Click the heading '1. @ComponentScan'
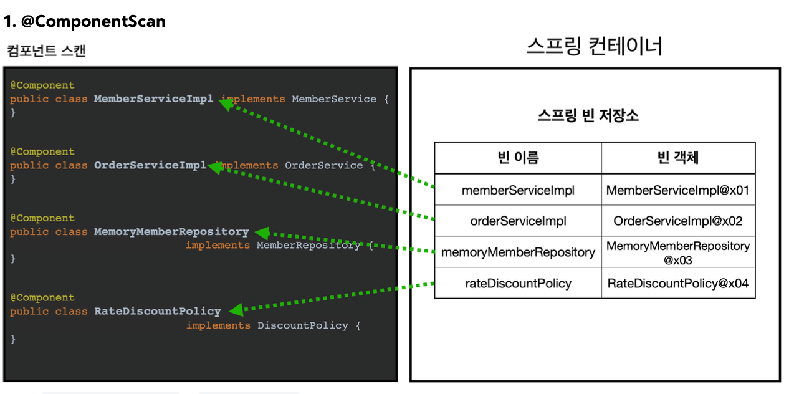tap(84, 22)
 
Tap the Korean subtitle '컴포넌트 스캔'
tap(47, 51)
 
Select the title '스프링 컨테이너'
tap(594, 46)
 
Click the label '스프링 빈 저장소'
tap(588, 115)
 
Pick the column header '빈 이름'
tap(518, 158)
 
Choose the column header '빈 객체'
tap(678, 158)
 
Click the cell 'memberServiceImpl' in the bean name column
tap(518, 190)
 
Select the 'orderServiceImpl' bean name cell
tap(518, 221)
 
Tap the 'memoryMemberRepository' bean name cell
tap(518, 252)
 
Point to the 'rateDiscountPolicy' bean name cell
tap(518, 284)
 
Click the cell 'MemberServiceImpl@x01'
tap(678, 190)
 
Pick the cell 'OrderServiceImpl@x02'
tap(678, 221)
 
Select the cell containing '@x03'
tap(678, 252)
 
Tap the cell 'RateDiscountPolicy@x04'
tap(678, 284)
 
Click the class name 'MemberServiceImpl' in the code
tap(153, 98)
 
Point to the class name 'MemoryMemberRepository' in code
tap(171, 232)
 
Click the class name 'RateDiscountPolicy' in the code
tap(157, 311)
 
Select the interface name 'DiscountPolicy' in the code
tap(302, 325)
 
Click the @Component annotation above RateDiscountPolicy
tap(42, 297)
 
